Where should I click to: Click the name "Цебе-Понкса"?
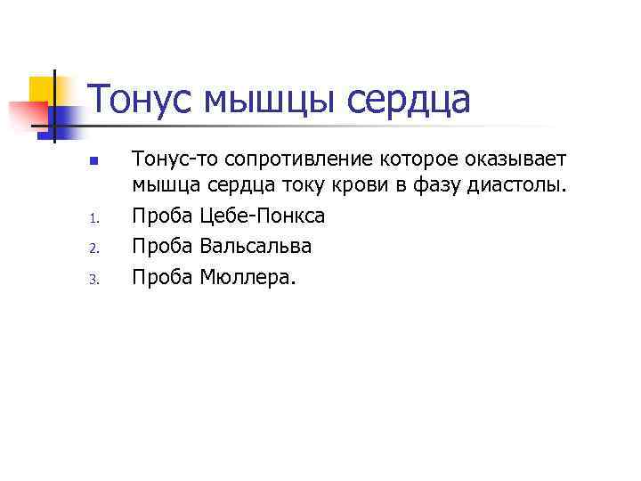263,216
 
